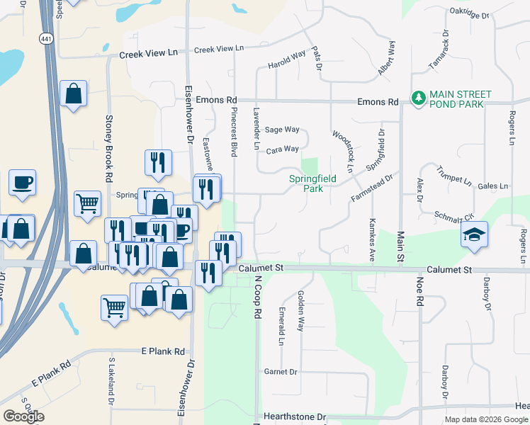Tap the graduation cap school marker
473,235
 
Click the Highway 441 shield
47,39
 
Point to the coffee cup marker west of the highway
22,182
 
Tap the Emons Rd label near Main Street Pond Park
378,102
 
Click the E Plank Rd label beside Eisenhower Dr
163,351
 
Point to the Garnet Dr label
280,371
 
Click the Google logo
23,416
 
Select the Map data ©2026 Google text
485,419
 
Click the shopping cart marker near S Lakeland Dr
114,307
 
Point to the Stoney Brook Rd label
110,147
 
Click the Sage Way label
282,130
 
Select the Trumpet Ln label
453,175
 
